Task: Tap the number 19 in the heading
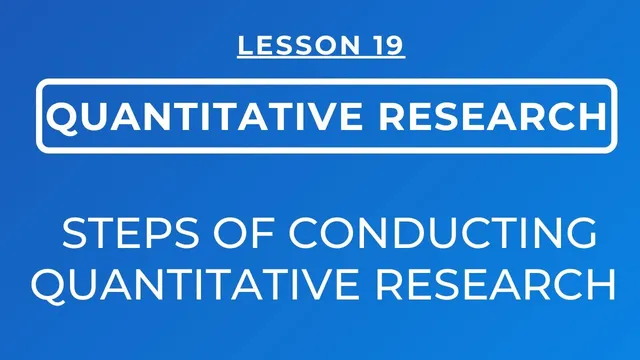(388, 45)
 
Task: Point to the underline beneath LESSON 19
(321, 58)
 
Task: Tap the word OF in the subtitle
(208, 234)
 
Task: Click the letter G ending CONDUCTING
(583, 234)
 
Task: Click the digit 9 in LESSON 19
(395, 45)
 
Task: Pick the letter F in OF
(223, 234)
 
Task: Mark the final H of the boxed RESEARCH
(588, 117)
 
